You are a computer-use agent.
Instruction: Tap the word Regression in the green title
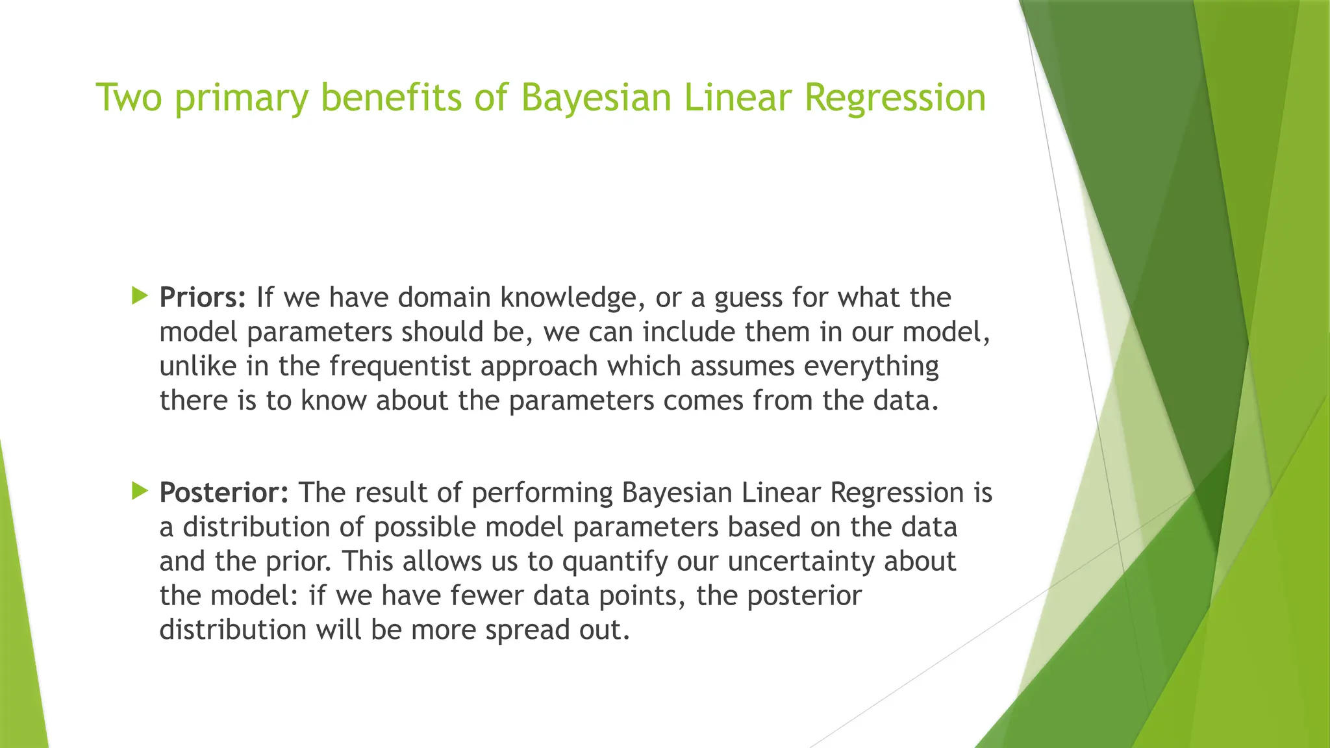click(x=895, y=99)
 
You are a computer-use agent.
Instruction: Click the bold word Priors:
click(x=203, y=297)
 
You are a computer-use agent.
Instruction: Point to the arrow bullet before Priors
click(x=139, y=296)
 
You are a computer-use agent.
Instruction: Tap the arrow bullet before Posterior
click(x=139, y=491)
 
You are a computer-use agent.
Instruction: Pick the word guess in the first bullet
click(x=748, y=299)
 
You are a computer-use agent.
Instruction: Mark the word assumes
click(x=742, y=366)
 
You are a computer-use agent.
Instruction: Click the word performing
click(x=542, y=493)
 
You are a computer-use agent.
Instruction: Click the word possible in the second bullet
click(x=425, y=527)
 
